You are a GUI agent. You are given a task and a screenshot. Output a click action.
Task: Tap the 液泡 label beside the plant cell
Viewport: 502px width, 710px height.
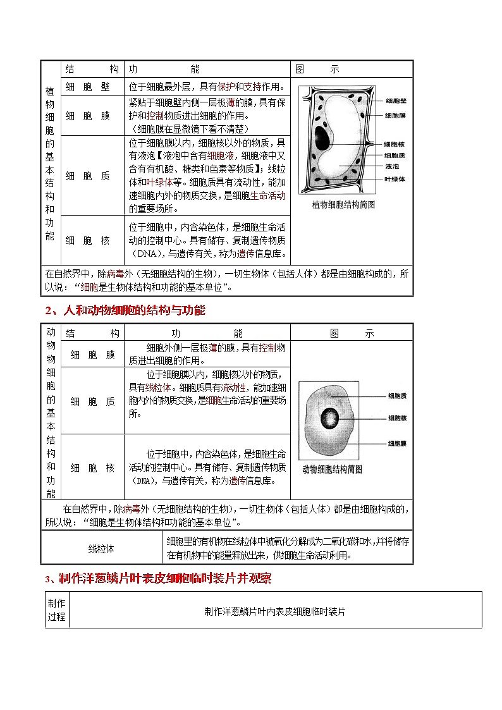pos(391,167)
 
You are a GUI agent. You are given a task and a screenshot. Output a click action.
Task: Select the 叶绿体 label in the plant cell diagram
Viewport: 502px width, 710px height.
pos(395,179)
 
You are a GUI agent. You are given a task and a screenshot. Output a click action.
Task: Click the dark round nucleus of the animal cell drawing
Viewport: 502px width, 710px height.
pos(329,418)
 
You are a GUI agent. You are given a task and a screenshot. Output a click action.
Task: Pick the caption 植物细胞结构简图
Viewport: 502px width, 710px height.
pos(344,205)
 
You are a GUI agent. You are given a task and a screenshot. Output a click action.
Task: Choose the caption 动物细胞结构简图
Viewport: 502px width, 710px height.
pos(332,470)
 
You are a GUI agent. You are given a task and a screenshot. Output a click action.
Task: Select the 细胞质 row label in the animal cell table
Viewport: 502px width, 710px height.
pos(92,401)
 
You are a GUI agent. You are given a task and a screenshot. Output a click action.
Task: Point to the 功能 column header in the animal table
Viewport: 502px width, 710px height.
pos(207,333)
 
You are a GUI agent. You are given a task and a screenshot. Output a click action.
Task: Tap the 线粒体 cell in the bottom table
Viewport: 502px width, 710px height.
pos(101,549)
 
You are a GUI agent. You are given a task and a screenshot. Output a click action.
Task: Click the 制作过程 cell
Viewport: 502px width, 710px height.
pos(56,609)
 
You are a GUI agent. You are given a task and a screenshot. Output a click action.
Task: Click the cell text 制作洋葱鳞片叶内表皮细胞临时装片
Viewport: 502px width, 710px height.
pos(275,611)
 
